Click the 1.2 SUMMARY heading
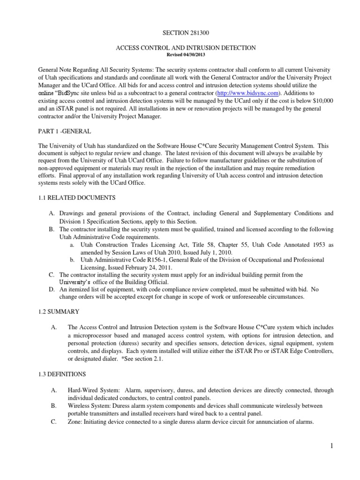(59, 311)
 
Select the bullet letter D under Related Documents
(52, 290)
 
